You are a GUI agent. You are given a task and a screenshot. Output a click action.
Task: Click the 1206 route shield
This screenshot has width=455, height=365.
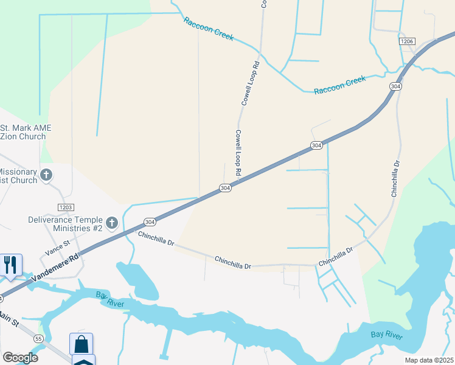click(x=407, y=41)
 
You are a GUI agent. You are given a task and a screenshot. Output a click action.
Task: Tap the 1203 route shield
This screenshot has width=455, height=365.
click(x=66, y=207)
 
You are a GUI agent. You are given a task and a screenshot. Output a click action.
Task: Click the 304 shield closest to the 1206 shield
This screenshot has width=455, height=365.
click(x=396, y=86)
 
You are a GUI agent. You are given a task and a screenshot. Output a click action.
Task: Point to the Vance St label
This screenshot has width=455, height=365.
click(x=58, y=246)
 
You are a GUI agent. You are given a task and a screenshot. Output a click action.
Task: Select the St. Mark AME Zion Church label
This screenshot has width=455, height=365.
click(x=26, y=132)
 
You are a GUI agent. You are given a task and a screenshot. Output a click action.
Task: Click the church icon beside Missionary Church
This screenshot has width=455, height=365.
click(x=46, y=176)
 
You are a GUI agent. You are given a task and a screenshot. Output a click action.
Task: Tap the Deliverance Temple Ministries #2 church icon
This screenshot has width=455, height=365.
click(x=111, y=223)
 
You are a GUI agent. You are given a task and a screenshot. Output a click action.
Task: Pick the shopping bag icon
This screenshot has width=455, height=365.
click(x=81, y=344)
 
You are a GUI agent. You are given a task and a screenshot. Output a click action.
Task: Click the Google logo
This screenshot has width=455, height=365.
click(x=20, y=357)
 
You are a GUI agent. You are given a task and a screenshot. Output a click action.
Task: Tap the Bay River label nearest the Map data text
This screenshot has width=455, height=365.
click(x=387, y=335)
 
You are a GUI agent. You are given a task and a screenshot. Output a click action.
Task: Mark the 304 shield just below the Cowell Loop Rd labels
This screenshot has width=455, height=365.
click(x=225, y=187)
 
